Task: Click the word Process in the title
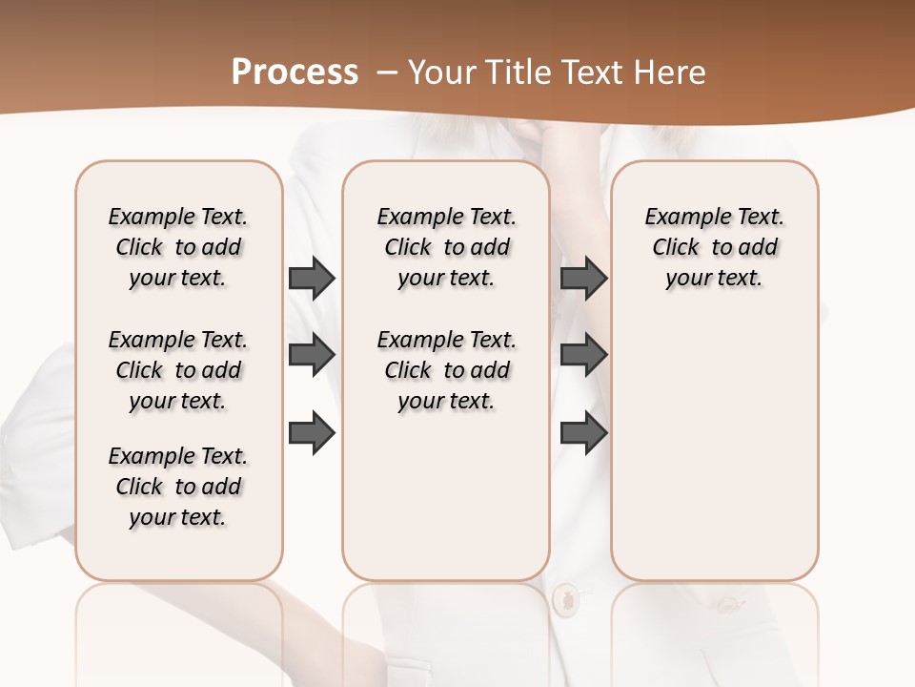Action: pyautogui.click(x=295, y=72)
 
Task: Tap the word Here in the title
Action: pyautogui.click(x=672, y=72)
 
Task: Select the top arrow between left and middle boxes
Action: pyautogui.click(x=311, y=279)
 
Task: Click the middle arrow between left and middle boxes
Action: pyautogui.click(x=311, y=356)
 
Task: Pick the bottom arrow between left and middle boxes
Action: pyautogui.click(x=311, y=432)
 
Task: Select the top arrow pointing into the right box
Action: pyautogui.click(x=583, y=279)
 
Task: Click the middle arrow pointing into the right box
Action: pyautogui.click(x=583, y=356)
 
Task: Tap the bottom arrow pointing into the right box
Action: pyautogui.click(x=583, y=432)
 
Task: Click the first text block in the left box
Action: pyautogui.click(x=178, y=247)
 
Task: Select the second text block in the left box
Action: pyautogui.click(x=178, y=370)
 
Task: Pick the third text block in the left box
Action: pyautogui.click(x=178, y=487)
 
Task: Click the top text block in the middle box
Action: pyautogui.click(x=446, y=247)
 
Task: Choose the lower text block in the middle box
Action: pyautogui.click(x=446, y=370)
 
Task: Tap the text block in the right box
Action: pyautogui.click(x=714, y=247)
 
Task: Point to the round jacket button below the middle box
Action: pyautogui.click(x=564, y=599)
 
